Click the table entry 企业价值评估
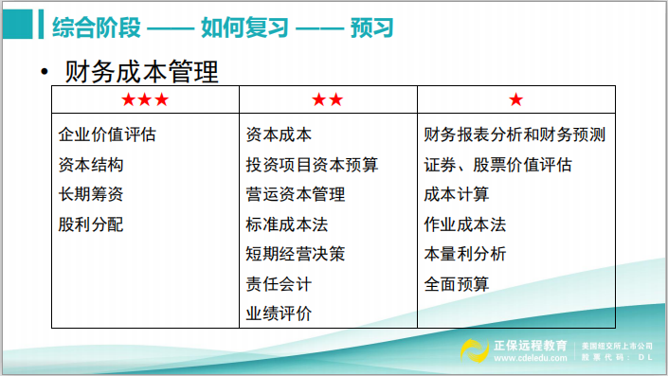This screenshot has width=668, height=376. (107, 134)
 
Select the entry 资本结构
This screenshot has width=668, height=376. (91, 165)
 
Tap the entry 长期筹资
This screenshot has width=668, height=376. (91, 195)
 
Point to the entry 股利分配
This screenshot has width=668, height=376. (91, 224)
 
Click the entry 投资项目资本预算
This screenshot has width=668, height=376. (312, 165)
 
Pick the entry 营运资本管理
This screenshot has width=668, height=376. (295, 195)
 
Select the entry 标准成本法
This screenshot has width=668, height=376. (287, 224)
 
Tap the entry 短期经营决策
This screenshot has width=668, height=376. (295, 254)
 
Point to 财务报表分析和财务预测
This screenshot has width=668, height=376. (515, 134)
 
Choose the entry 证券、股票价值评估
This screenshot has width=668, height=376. (498, 165)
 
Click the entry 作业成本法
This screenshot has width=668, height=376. (465, 224)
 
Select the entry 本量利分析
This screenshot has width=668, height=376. (465, 254)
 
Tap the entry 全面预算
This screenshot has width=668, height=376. (457, 283)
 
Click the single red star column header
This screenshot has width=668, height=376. (515, 99)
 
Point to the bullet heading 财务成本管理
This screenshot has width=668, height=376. (141, 72)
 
